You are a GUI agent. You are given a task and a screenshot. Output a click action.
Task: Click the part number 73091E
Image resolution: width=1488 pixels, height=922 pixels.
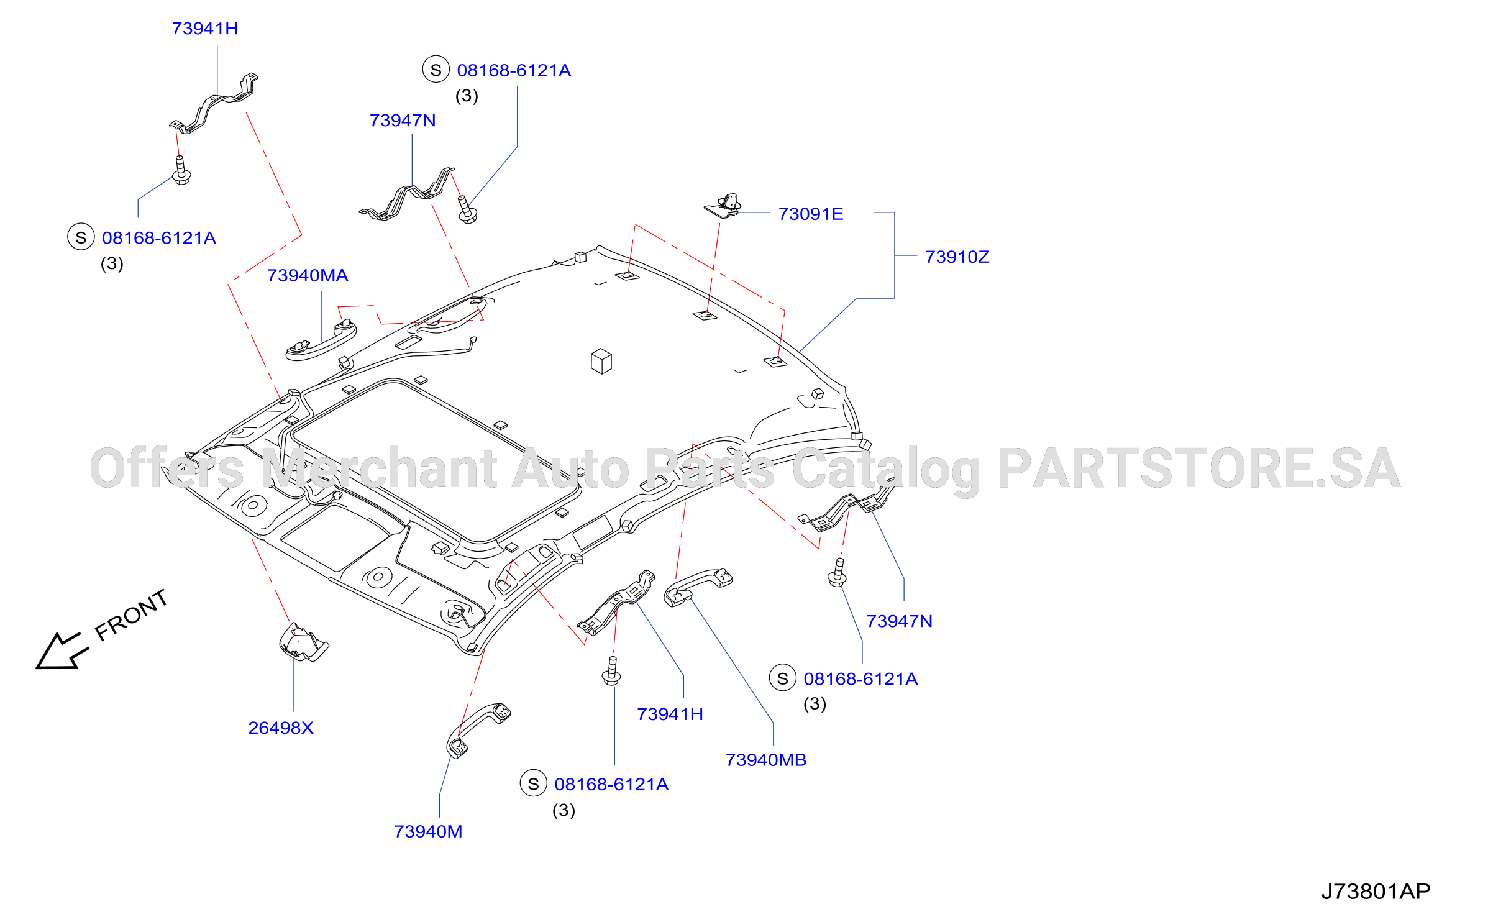810,214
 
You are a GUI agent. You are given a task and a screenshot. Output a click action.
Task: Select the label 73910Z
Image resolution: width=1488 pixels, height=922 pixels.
957,257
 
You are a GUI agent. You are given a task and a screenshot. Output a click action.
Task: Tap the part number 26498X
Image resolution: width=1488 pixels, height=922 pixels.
281,728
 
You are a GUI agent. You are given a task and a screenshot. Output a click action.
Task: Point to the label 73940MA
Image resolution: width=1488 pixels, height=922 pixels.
308,275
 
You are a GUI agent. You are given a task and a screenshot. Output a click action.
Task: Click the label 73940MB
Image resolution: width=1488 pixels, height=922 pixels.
766,760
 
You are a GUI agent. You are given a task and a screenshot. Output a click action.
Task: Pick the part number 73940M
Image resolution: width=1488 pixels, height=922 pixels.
428,831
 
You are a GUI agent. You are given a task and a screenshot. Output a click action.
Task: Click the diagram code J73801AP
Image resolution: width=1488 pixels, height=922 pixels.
1376,892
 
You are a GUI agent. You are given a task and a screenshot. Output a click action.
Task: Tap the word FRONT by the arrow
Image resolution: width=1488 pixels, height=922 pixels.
131,614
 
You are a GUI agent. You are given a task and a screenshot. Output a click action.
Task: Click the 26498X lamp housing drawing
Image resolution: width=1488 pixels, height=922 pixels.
303,643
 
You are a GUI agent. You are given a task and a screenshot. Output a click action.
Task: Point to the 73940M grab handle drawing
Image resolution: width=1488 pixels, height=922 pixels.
477,730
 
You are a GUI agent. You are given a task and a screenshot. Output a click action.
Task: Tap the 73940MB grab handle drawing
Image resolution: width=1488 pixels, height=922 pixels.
697,586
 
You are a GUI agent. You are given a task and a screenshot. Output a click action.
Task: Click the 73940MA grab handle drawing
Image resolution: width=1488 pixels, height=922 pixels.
320,341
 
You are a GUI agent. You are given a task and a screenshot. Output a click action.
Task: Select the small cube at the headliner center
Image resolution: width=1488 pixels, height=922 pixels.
601,361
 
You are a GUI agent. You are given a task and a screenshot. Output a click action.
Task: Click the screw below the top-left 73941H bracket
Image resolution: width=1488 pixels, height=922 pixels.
181,170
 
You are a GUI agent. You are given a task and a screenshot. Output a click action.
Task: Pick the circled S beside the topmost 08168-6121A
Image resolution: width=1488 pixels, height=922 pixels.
436,70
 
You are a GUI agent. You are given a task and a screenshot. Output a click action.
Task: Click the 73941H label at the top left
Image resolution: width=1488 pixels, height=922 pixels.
205,29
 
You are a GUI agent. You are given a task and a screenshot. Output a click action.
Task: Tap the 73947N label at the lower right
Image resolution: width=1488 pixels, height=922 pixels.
900,621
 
